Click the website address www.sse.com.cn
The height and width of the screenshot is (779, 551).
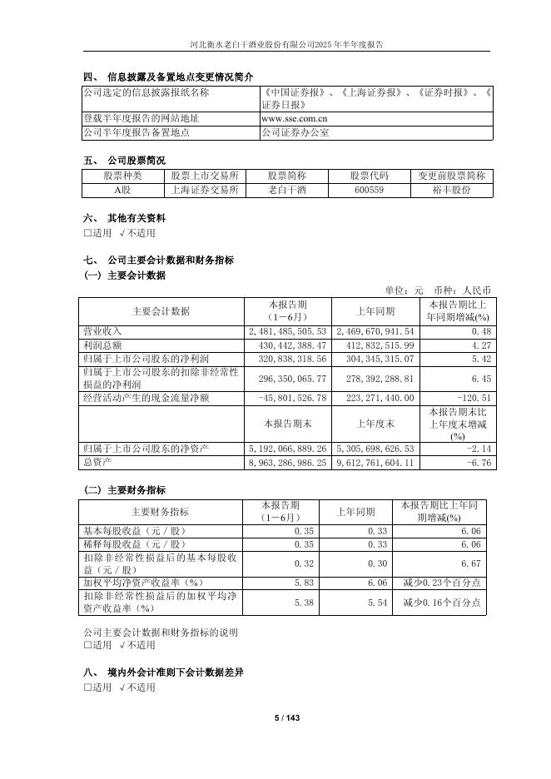pyautogui.click(x=288, y=119)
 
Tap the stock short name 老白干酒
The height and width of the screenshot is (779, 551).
pyautogui.click(x=286, y=190)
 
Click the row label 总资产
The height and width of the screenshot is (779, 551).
pyautogui.click(x=96, y=462)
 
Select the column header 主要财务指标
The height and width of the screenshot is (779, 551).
pyautogui.click(x=160, y=512)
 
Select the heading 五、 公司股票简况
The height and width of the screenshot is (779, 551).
pyautogui.click(x=124, y=160)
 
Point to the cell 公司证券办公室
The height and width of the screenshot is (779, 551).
pyautogui.click(x=295, y=132)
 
